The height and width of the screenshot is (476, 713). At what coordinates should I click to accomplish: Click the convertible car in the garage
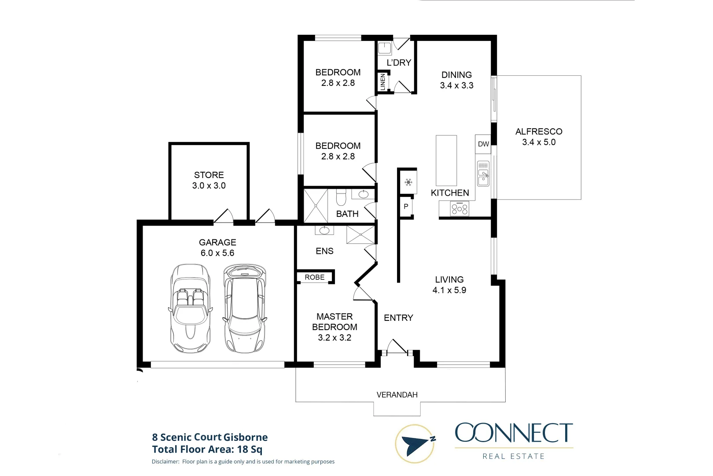[190, 309]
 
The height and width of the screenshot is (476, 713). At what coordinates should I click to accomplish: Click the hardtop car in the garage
[245, 309]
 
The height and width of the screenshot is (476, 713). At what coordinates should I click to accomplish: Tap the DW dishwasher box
[483, 144]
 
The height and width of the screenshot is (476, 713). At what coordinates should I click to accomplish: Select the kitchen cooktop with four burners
[459, 208]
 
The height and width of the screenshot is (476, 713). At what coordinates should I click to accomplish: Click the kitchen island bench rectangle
[446, 160]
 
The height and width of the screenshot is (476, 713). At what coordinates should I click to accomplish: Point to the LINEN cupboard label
[382, 82]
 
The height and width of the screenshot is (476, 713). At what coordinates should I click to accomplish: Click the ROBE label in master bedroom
[315, 277]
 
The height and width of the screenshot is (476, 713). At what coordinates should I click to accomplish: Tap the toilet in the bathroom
[341, 198]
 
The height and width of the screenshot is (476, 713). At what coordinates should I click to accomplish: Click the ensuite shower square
[360, 234]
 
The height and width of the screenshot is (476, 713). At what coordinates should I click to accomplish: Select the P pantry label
[406, 206]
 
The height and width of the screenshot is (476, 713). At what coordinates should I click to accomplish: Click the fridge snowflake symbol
[408, 182]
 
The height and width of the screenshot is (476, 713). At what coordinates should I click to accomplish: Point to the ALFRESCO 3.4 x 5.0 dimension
[539, 142]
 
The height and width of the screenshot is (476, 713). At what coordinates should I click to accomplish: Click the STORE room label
[209, 175]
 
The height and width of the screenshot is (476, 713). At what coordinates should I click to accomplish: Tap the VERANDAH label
[397, 395]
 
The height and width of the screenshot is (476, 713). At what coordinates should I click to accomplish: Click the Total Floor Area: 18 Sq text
[207, 450]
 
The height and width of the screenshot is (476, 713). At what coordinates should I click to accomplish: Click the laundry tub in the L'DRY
[385, 48]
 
